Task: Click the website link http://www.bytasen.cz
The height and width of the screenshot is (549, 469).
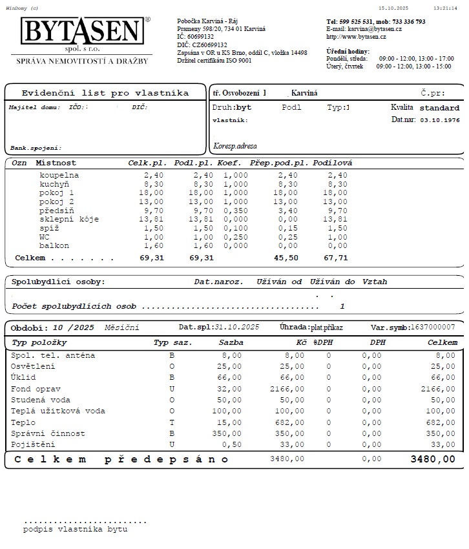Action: [x=356, y=37]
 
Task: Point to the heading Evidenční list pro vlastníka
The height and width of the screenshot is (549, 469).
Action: [x=105, y=93]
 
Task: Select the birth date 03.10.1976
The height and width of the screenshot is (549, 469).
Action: [x=440, y=120]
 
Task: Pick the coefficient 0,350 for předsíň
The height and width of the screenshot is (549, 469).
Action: [x=235, y=211]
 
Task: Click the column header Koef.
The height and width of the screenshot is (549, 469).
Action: [x=229, y=163]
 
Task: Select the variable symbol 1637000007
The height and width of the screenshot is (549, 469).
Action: [x=437, y=327]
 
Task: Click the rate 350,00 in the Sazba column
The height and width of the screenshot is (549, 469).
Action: [x=229, y=433]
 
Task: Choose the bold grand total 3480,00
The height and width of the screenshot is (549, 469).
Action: [x=433, y=459]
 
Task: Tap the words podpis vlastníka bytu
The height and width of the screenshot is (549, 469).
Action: [x=75, y=529]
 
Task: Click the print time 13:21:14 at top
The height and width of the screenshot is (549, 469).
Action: [x=445, y=8]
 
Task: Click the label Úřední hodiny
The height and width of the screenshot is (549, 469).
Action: [x=348, y=50]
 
